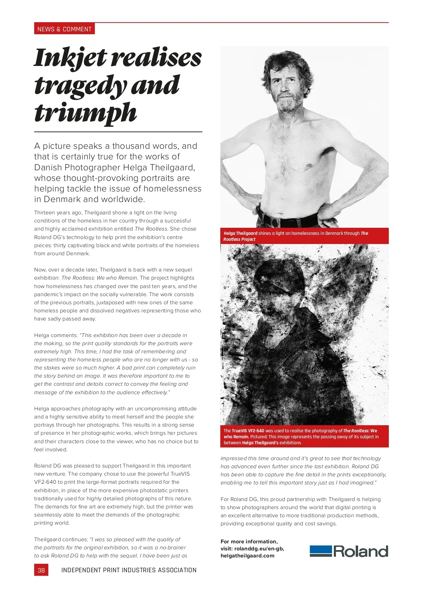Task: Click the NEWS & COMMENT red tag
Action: (65, 29)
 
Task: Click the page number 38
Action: (41, 570)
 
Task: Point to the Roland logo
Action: (349, 551)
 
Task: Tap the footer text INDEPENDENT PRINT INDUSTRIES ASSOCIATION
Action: (129, 570)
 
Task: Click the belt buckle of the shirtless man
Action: (275, 222)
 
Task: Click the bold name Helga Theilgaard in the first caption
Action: (240, 233)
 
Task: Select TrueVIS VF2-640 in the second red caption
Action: (248, 431)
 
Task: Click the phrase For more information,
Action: (249, 542)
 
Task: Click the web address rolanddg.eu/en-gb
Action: (259, 549)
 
